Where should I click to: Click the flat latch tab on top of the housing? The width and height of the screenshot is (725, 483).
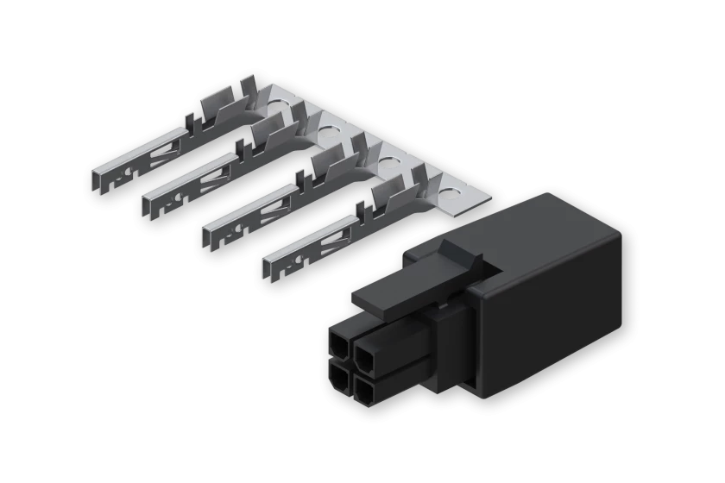click(x=388, y=285)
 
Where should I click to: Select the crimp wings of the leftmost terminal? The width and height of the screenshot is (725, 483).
click(x=220, y=108)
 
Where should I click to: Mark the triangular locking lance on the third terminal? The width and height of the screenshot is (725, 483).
click(x=274, y=202)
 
